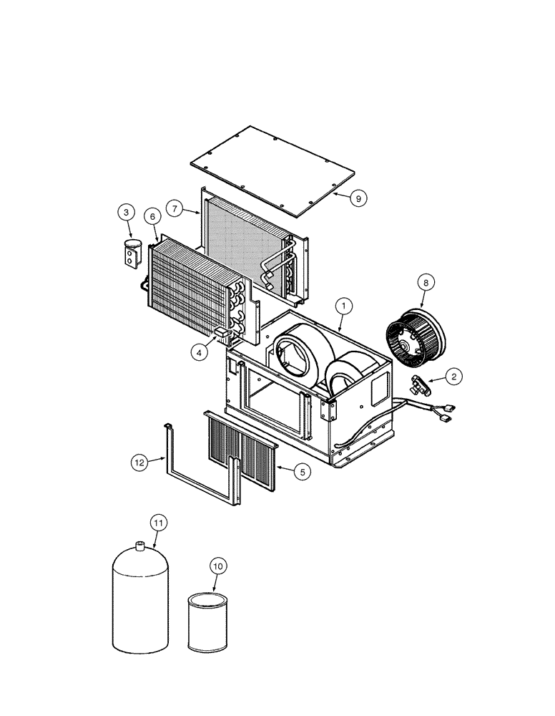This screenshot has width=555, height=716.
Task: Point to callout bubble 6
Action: coord(152,216)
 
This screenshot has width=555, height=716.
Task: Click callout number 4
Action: coord(200,352)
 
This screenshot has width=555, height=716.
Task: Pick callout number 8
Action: coord(427,284)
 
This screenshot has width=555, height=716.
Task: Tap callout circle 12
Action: coord(140,463)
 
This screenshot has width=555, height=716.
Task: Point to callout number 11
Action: coord(158,523)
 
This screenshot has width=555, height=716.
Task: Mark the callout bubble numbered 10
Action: coord(218,566)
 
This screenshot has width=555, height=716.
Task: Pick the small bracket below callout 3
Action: coord(131,256)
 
